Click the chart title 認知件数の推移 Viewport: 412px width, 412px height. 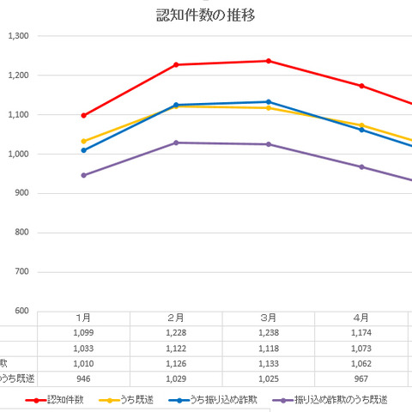pos(205,15)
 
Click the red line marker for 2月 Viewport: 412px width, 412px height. pos(176,64)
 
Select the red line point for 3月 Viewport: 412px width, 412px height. pos(269,61)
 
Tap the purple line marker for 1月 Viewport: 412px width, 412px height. pos(83,175)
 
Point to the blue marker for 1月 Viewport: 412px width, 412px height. pos(83,150)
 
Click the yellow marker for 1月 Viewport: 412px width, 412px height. pos(83,142)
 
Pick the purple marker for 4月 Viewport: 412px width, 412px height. pos(361,167)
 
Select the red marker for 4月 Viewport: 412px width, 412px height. pos(361,86)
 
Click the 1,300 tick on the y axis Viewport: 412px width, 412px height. pos(18,36)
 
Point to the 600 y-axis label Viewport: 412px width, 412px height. pos(21,312)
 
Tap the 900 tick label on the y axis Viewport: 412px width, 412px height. pos(21,193)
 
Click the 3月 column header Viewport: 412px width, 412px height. pos(269,318)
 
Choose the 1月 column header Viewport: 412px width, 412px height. pos(83,318)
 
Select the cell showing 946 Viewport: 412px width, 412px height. pos(83,379)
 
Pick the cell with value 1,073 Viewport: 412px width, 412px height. pos(361,348)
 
